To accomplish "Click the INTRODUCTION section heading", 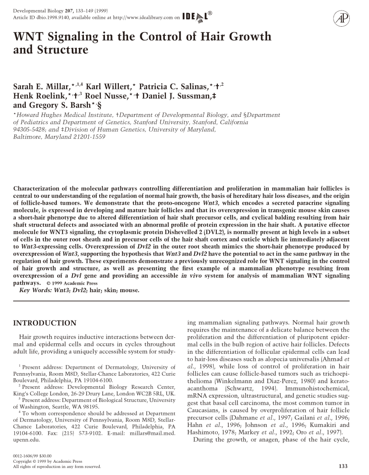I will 45,323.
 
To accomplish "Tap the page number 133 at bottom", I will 344,466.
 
